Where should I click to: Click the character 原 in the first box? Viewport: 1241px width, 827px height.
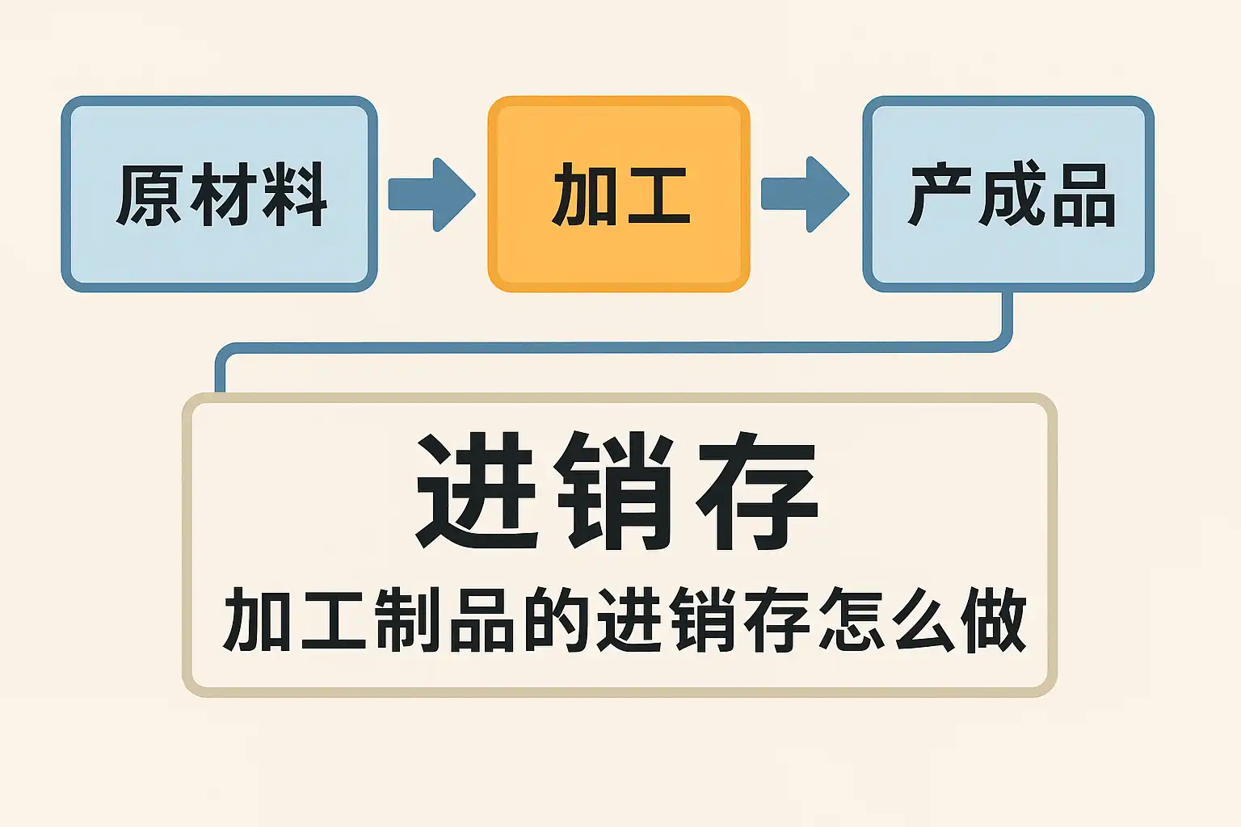(x=150, y=195)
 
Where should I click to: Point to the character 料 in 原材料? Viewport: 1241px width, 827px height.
(x=294, y=195)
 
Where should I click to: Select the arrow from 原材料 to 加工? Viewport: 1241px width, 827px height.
(x=432, y=195)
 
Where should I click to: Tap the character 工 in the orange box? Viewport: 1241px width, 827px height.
(x=658, y=195)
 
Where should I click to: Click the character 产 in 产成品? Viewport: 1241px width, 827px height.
(x=939, y=195)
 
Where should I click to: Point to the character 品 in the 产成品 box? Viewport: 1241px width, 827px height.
(x=1083, y=195)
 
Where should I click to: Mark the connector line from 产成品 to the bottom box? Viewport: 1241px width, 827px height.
(x=614, y=347)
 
